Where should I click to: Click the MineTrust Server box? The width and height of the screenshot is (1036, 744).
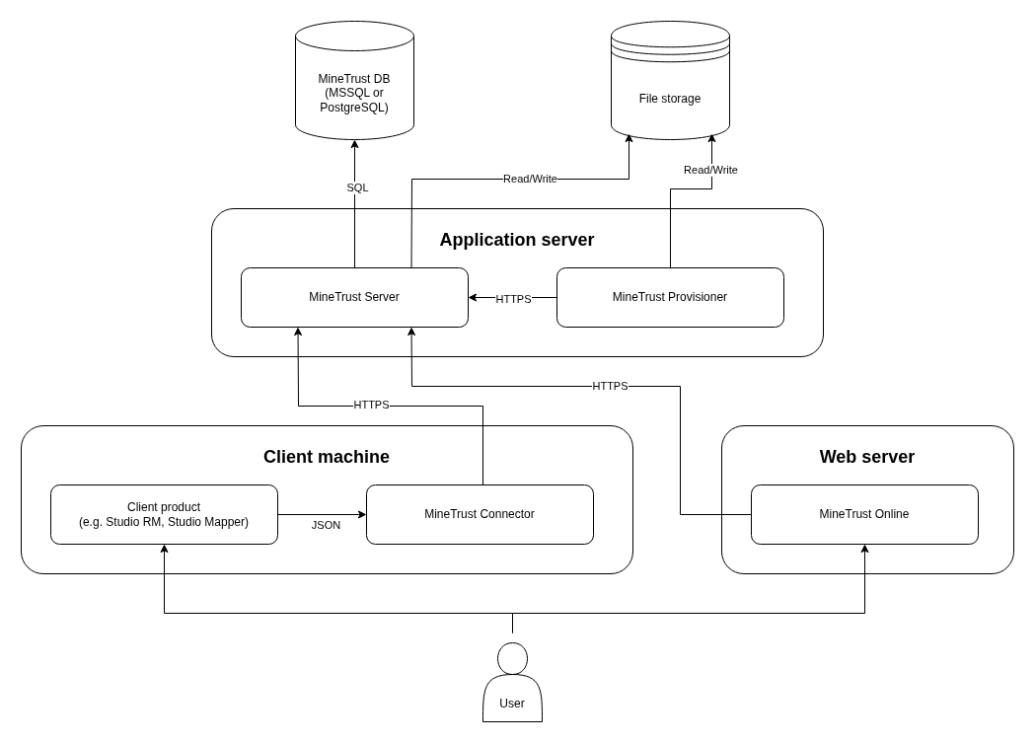pyautogui.click(x=354, y=297)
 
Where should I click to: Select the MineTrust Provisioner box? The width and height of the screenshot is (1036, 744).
pyautogui.click(x=670, y=297)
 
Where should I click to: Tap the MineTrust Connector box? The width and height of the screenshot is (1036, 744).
pyautogui.click(x=480, y=514)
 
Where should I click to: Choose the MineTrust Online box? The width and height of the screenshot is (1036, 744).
pyautogui.click(x=864, y=514)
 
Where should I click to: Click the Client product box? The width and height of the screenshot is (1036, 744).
pyautogui.click(x=164, y=514)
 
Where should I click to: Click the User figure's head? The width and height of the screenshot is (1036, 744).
pyautogui.click(x=512, y=658)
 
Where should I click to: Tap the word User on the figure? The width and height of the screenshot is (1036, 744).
pyautogui.click(x=512, y=704)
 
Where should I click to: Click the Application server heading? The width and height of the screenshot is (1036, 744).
pyautogui.click(x=516, y=240)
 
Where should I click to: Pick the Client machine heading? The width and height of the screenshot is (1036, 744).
pyautogui.click(x=327, y=457)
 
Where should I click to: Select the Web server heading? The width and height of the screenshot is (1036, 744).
pyautogui.click(x=866, y=457)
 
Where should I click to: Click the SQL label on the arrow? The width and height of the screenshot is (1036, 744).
pyautogui.click(x=357, y=187)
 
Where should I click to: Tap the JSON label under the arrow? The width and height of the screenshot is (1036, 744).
pyautogui.click(x=326, y=525)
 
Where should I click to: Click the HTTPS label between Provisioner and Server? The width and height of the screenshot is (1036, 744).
pyautogui.click(x=513, y=299)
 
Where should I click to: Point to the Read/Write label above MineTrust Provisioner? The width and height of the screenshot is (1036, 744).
pyautogui.click(x=710, y=170)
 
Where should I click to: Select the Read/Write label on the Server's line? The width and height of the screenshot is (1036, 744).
pyautogui.click(x=530, y=179)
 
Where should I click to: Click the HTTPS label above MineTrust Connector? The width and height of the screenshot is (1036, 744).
pyautogui.click(x=371, y=405)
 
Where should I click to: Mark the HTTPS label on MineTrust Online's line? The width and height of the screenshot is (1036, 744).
pyautogui.click(x=610, y=386)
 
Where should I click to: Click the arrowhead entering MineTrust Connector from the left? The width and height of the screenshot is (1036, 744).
pyautogui.click(x=362, y=514)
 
